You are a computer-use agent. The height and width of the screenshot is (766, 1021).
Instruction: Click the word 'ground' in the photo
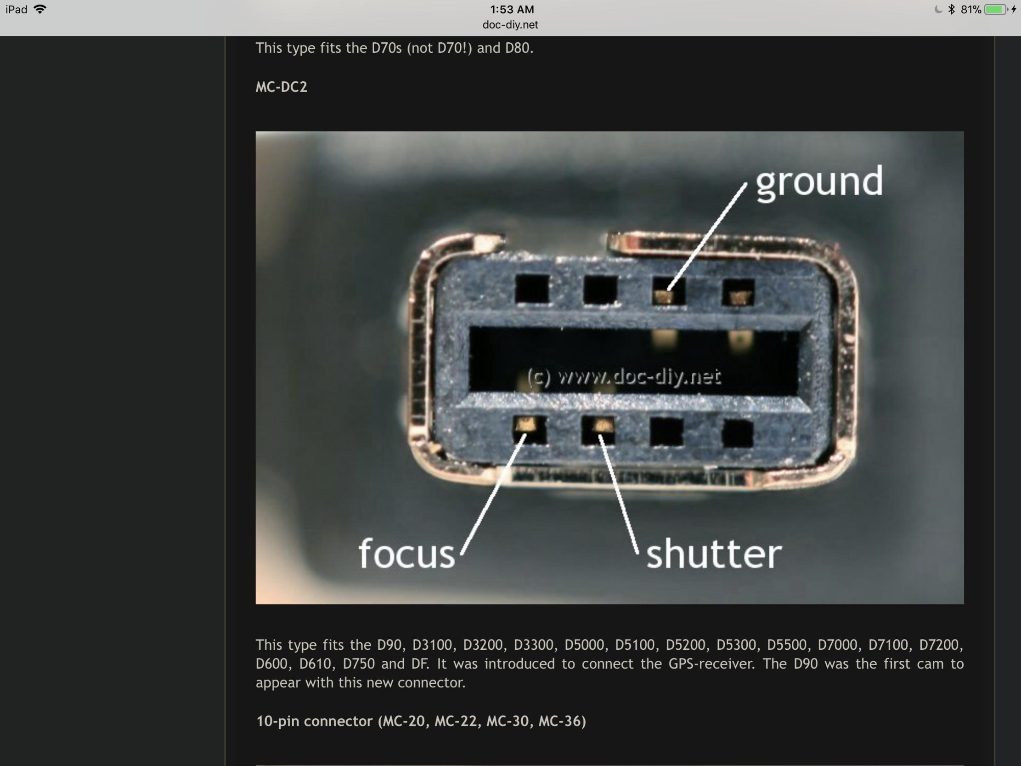pos(819,182)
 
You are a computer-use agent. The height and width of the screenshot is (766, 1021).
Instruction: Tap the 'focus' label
pos(406,553)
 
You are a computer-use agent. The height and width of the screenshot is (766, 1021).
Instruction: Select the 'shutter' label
pos(714,553)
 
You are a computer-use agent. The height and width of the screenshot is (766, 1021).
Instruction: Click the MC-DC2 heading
pos(281,87)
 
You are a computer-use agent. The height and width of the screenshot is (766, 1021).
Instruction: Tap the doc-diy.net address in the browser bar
pos(510,25)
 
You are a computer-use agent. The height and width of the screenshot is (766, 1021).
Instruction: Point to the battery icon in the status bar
pos(996,10)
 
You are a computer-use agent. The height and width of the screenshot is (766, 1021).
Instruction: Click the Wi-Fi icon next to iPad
pos(40,9)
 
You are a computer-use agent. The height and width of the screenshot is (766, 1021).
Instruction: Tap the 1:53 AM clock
pos(512,9)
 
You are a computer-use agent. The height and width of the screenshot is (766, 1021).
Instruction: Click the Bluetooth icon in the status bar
pos(951,9)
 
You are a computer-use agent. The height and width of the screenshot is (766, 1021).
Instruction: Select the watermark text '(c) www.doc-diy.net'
pos(624,377)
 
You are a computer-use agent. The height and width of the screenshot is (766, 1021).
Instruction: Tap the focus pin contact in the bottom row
pos(527,424)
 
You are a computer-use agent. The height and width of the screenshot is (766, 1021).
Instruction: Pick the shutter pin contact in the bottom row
pos(600,425)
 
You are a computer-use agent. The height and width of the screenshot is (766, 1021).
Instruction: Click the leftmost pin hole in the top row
pos(532,289)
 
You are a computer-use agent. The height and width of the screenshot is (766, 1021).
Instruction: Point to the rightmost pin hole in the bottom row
pos(737,433)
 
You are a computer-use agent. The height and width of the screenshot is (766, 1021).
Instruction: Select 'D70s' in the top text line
pos(387,48)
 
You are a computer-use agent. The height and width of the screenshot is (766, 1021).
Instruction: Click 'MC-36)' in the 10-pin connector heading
pos(562,721)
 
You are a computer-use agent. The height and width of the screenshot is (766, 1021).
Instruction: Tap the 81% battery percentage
pos(971,10)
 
